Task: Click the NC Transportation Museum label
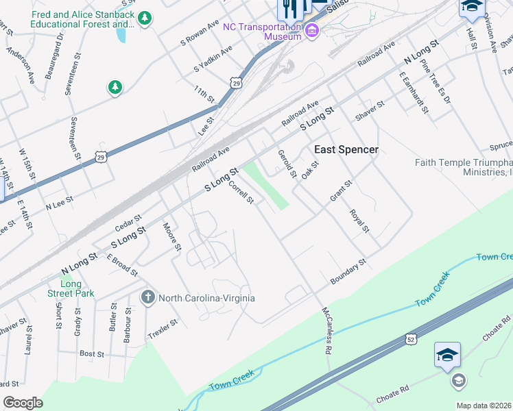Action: coord(263,32)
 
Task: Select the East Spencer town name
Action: coord(346,149)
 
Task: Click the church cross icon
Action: coord(147,298)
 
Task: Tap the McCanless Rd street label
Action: coord(328,330)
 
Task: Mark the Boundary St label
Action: coord(348,272)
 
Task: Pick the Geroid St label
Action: coord(287,164)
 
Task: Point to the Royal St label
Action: coord(360,221)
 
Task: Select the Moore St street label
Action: coord(172,236)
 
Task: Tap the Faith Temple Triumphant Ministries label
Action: coord(464,167)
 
